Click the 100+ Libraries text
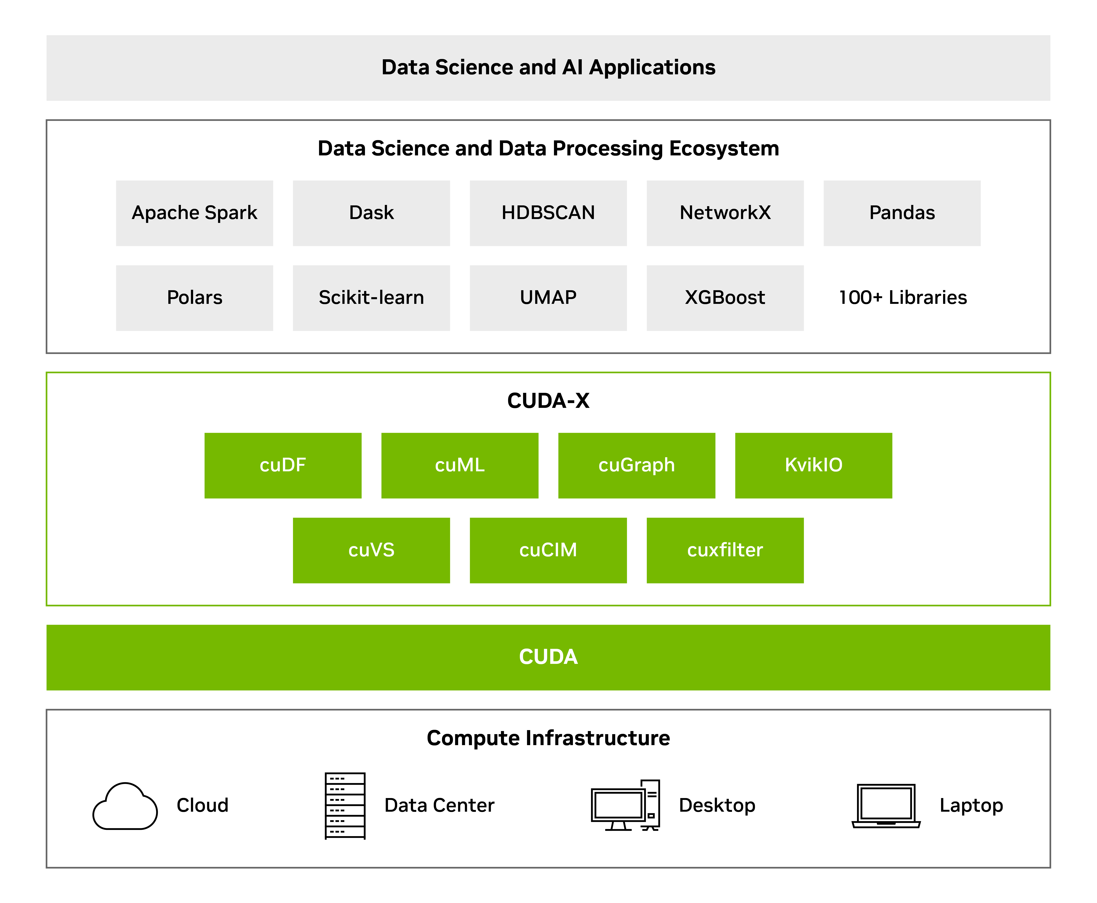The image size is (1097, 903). click(902, 297)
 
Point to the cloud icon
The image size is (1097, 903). click(125, 806)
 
